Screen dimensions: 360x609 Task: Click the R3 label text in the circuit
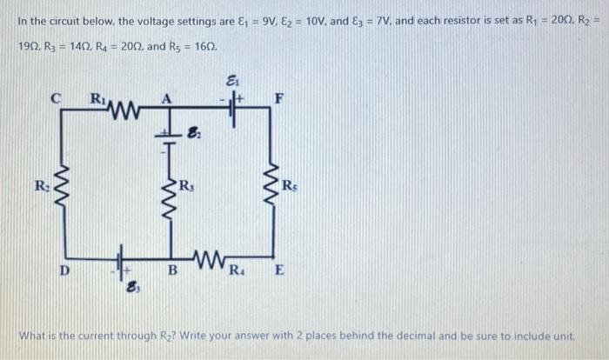(184, 185)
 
